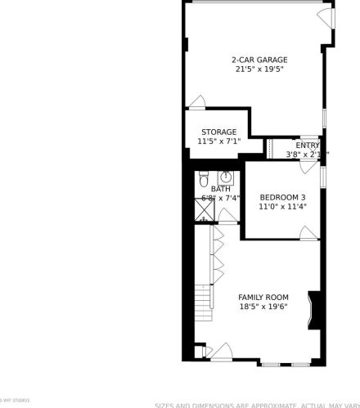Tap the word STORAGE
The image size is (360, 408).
pos(219,132)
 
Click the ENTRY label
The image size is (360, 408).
pos(308,146)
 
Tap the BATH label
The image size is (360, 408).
pos(220,189)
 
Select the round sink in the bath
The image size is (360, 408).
pos(226,177)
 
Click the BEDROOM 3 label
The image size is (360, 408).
pos(282,197)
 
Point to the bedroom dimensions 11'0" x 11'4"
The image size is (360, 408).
pos(282,207)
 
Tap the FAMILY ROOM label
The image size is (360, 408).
pos(263,297)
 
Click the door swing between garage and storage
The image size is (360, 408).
pos(196,102)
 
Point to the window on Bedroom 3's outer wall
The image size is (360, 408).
pos(324,176)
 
